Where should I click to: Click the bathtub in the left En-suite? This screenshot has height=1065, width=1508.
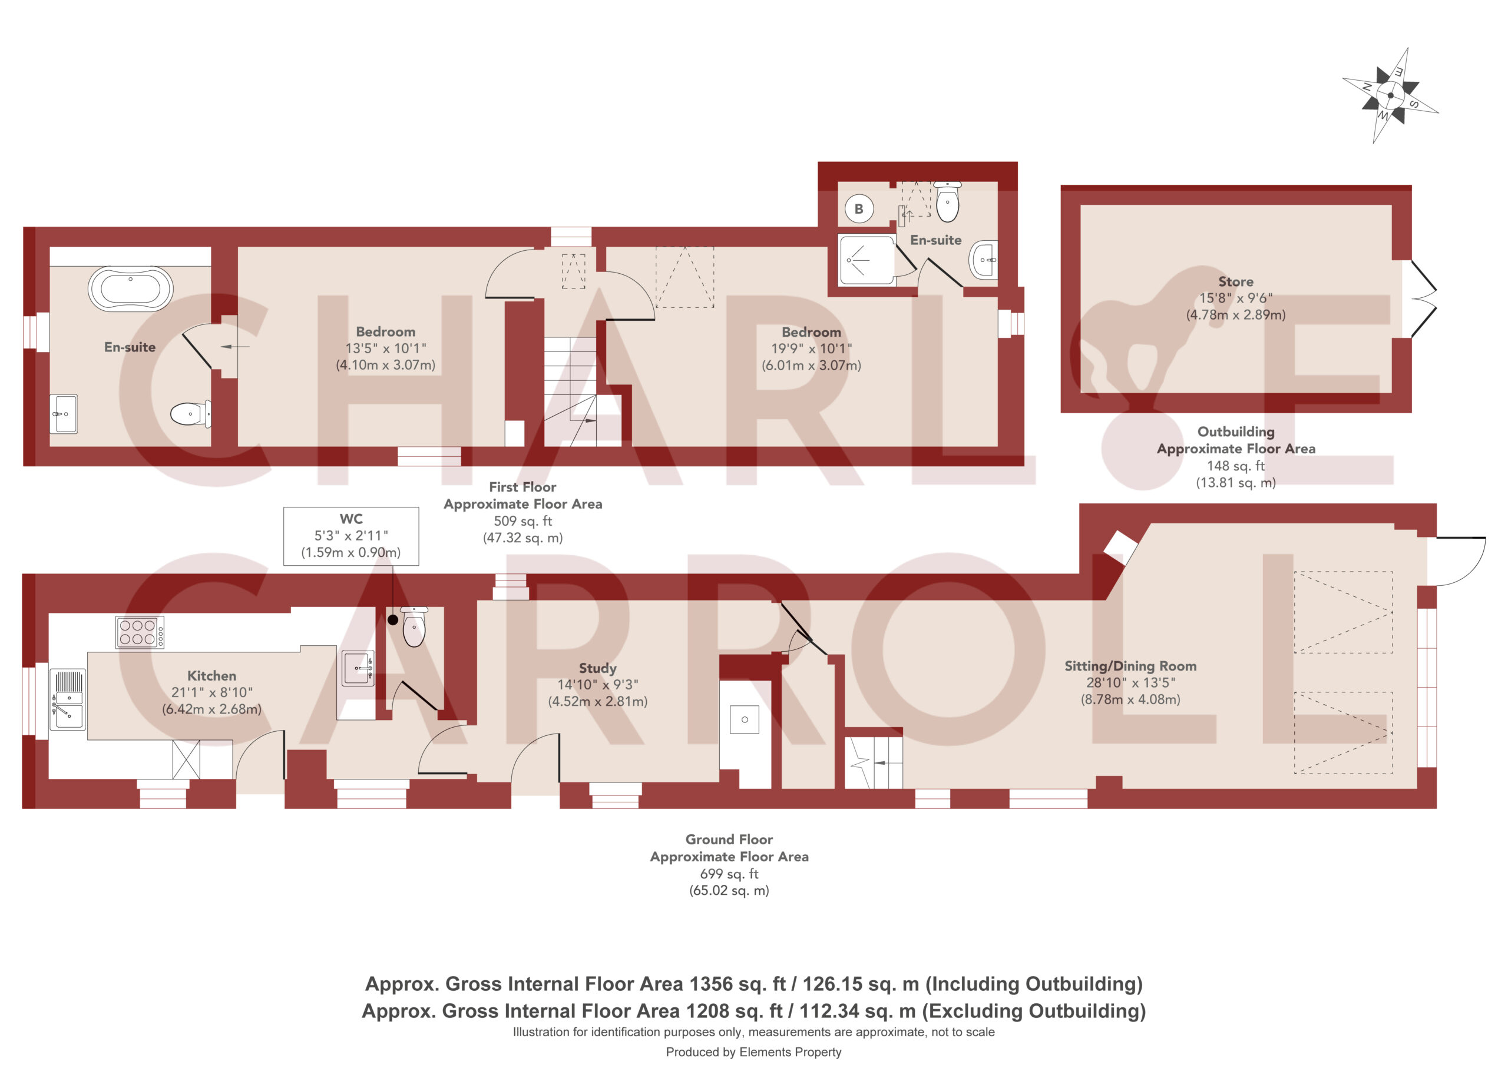[x=131, y=288]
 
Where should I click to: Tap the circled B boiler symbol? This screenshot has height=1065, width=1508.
[x=858, y=209]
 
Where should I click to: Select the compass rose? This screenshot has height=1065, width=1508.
[x=1390, y=95]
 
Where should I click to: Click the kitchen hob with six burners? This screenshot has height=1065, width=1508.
[x=140, y=632]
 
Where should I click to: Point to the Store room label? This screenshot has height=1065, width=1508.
[x=1235, y=281]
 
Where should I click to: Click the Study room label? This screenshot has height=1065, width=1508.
[x=598, y=668]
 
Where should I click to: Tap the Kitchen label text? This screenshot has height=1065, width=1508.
[x=211, y=676]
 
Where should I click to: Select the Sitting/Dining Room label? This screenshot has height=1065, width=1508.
[x=1130, y=666]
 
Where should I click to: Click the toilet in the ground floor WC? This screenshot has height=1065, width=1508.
[x=414, y=626]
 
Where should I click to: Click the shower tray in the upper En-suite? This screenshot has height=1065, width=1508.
[x=867, y=260]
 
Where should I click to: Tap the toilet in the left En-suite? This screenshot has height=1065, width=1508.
[x=190, y=414]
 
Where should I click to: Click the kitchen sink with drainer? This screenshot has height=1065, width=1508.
[x=68, y=699]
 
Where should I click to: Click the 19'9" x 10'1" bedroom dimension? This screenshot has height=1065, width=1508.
[x=811, y=349]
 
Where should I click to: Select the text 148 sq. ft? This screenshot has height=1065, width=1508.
[x=1235, y=466]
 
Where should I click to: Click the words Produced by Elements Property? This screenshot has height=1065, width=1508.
[x=753, y=1052]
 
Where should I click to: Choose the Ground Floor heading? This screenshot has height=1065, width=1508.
[x=729, y=839]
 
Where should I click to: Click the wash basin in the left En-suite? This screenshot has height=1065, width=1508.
[x=64, y=414]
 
